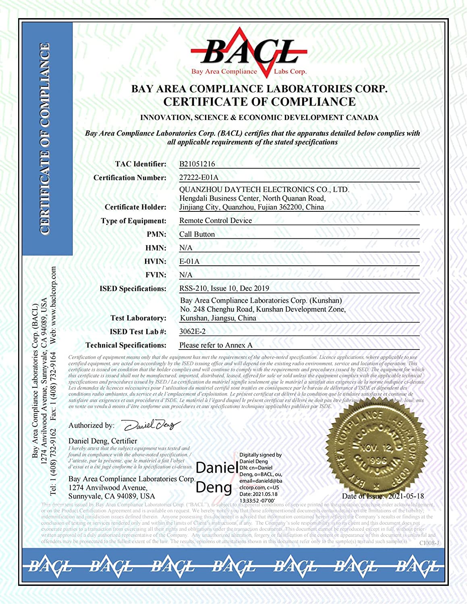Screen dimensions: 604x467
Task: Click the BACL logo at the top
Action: pyautogui.click(x=249, y=54)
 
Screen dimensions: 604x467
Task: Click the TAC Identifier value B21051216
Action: pyautogui.click(x=197, y=164)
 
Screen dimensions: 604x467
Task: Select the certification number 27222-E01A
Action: pyautogui.click(x=199, y=177)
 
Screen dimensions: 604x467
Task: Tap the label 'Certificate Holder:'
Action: pyautogui.click(x=135, y=207)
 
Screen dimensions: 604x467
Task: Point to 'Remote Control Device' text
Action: pyautogui.click(x=216, y=221)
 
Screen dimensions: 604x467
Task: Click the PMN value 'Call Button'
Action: pyautogui.click(x=197, y=234)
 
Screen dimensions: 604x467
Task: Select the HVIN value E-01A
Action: pyautogui.click(x=189, y=261)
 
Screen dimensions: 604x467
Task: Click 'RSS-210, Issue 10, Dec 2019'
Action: pyautogui.click(x=224, y=288)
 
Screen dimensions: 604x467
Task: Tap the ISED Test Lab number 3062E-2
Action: pyautogui.click(x=192, y=331)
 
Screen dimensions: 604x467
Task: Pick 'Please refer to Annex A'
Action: pyautogui.click(x=216, y=345)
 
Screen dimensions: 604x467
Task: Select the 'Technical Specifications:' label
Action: pyautogui.click(x=126, y=345)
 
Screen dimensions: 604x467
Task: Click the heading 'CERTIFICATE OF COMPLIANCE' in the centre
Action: pyautogui.click(x=259, y=101)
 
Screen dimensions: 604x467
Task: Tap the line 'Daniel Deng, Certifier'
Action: pyautogui.click(x=103, y=441)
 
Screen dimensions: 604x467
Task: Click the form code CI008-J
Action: pyautogui.click(x=429, y=543)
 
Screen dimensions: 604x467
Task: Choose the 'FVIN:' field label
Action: pyautogui.click(x=156, y=275)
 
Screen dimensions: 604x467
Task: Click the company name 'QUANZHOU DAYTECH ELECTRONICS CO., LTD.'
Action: pyautogui.click(x=264, y=189)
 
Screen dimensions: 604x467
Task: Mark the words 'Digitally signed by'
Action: pyautogui.click(x=261, y=455)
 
